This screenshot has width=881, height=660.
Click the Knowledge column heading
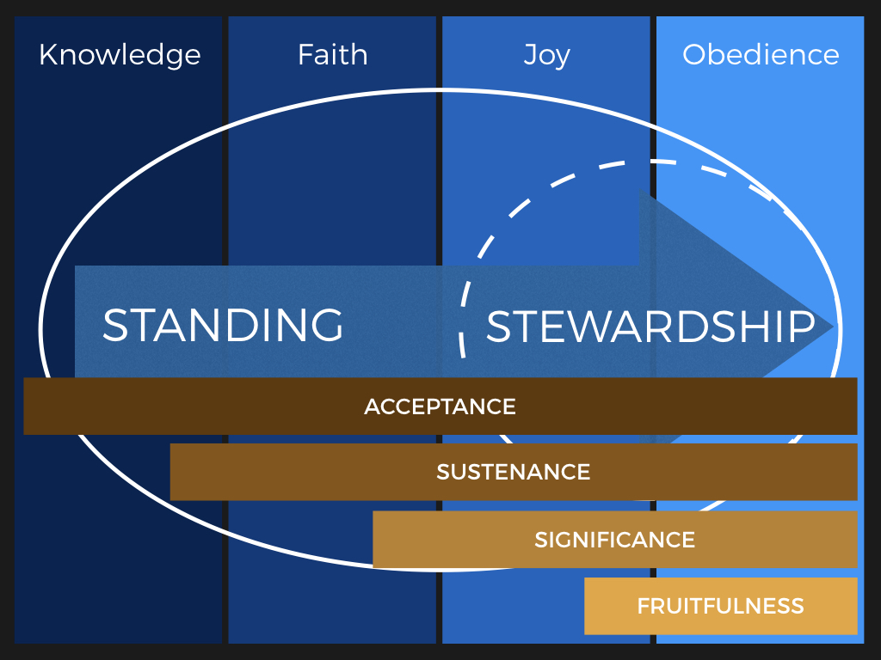tap(120, 55)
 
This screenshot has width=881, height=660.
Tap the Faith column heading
tap(333, 54)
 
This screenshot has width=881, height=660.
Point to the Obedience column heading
tap(761, 54)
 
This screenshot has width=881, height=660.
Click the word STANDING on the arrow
tap(223, 325)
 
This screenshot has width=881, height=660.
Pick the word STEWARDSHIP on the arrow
tap(650, 326)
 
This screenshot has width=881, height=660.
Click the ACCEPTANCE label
tap(440, 406)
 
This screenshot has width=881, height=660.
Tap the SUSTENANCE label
tap(514, 472)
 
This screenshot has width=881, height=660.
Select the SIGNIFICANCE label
tap(614, 540)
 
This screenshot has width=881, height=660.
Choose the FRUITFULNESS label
tap(720, 606)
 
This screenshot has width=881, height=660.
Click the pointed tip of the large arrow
tap(833, 327)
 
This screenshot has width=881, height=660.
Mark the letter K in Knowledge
tap(48, 55)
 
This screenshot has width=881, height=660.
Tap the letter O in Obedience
tap(695, 55)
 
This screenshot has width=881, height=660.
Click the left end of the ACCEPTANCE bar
tap(24, 406)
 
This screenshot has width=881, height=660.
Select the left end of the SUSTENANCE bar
tap(171, 472)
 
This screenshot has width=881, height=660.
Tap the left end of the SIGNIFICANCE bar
tap(373, 540)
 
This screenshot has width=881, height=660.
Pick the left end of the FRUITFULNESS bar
tap(585, 606)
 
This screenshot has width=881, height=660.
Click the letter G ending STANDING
tap(326, 325)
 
